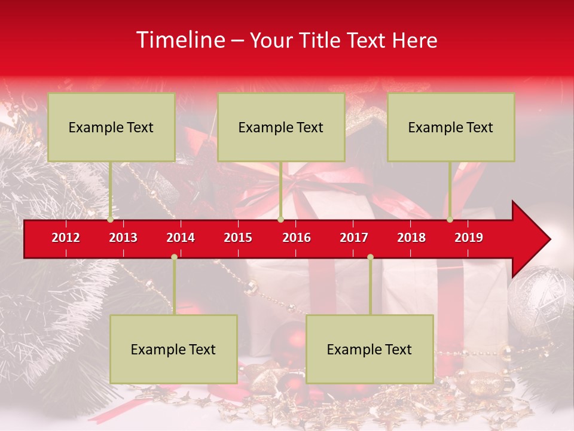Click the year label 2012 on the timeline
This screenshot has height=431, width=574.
66,238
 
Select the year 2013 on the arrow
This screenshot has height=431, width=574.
123,238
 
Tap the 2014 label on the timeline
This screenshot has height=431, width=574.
181,238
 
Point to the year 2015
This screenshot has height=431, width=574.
238,238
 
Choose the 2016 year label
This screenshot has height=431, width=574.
297,238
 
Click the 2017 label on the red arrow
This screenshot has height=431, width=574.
354,238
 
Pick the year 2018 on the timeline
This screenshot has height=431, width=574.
411,238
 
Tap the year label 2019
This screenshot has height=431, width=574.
469,238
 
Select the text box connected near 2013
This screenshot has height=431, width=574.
111,127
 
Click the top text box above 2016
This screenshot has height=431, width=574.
281,127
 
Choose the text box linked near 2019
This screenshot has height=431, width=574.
451,127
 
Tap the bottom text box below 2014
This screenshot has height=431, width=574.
173,349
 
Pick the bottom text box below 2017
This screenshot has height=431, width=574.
370,349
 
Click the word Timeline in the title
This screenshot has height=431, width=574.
179,40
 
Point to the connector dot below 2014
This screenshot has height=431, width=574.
174,257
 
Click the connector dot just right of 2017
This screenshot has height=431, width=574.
370,257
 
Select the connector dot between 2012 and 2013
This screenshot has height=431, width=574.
111,220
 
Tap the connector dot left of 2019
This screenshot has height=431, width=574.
450,220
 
